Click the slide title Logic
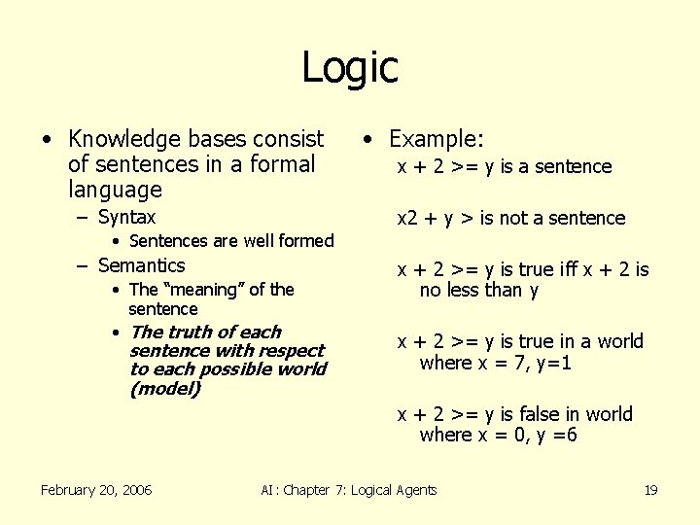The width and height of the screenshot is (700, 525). pos(350,67)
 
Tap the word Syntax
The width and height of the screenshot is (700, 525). pos(126,217)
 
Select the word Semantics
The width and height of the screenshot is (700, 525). pos(142,265)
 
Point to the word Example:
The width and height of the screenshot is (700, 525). pos(437,139)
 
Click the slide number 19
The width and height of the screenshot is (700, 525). pos(650,490)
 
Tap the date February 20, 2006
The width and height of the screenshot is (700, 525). pos(96,490)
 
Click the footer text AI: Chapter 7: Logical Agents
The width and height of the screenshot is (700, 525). pos(349,490)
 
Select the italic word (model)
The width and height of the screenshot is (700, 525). pos(164,389)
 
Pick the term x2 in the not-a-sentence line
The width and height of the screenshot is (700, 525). pos(407,218)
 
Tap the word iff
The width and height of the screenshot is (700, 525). pos(563,269)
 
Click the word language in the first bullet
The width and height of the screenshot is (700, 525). pos(115,190)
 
